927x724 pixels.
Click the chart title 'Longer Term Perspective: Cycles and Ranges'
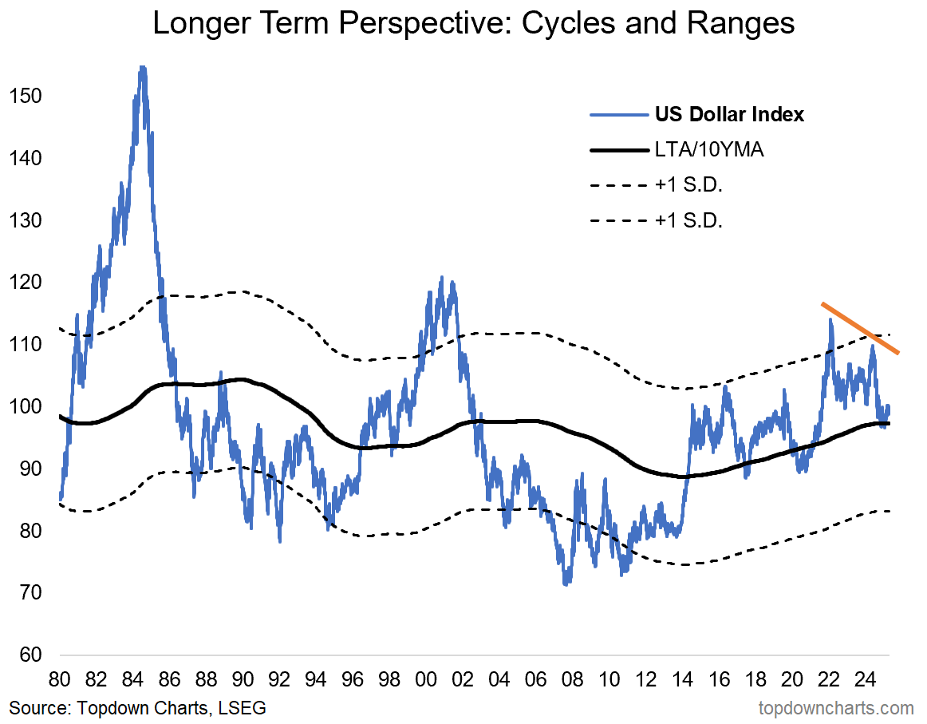[x=473, y=24]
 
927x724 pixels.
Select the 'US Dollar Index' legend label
[x=729, y=114]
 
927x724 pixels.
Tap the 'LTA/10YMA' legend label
[x=709, y=150]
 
